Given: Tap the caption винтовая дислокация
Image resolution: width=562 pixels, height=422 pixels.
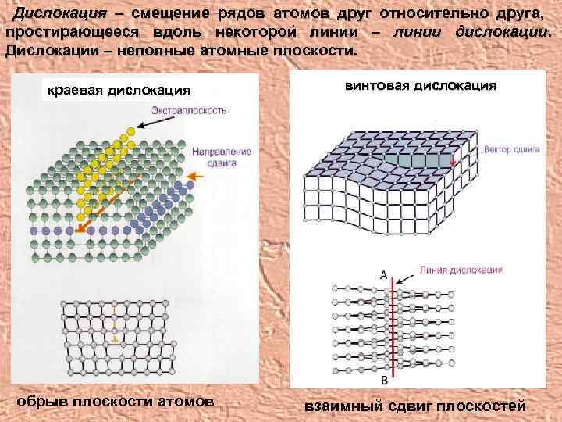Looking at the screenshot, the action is [x=419, y=85].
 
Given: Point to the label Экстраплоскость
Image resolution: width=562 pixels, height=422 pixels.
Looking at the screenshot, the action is [x=190, y=110].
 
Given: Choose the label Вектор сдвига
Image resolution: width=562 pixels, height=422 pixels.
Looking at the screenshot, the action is [x=511, y=148].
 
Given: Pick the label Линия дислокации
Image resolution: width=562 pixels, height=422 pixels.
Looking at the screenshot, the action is [x=460, y=270].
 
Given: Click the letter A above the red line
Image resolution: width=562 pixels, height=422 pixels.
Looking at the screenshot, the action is [x=383, y=274].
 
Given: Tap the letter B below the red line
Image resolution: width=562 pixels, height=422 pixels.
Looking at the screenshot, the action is [x=384, y=381].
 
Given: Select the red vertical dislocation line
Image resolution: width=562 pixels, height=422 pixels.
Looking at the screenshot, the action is [x=393, y=328].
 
